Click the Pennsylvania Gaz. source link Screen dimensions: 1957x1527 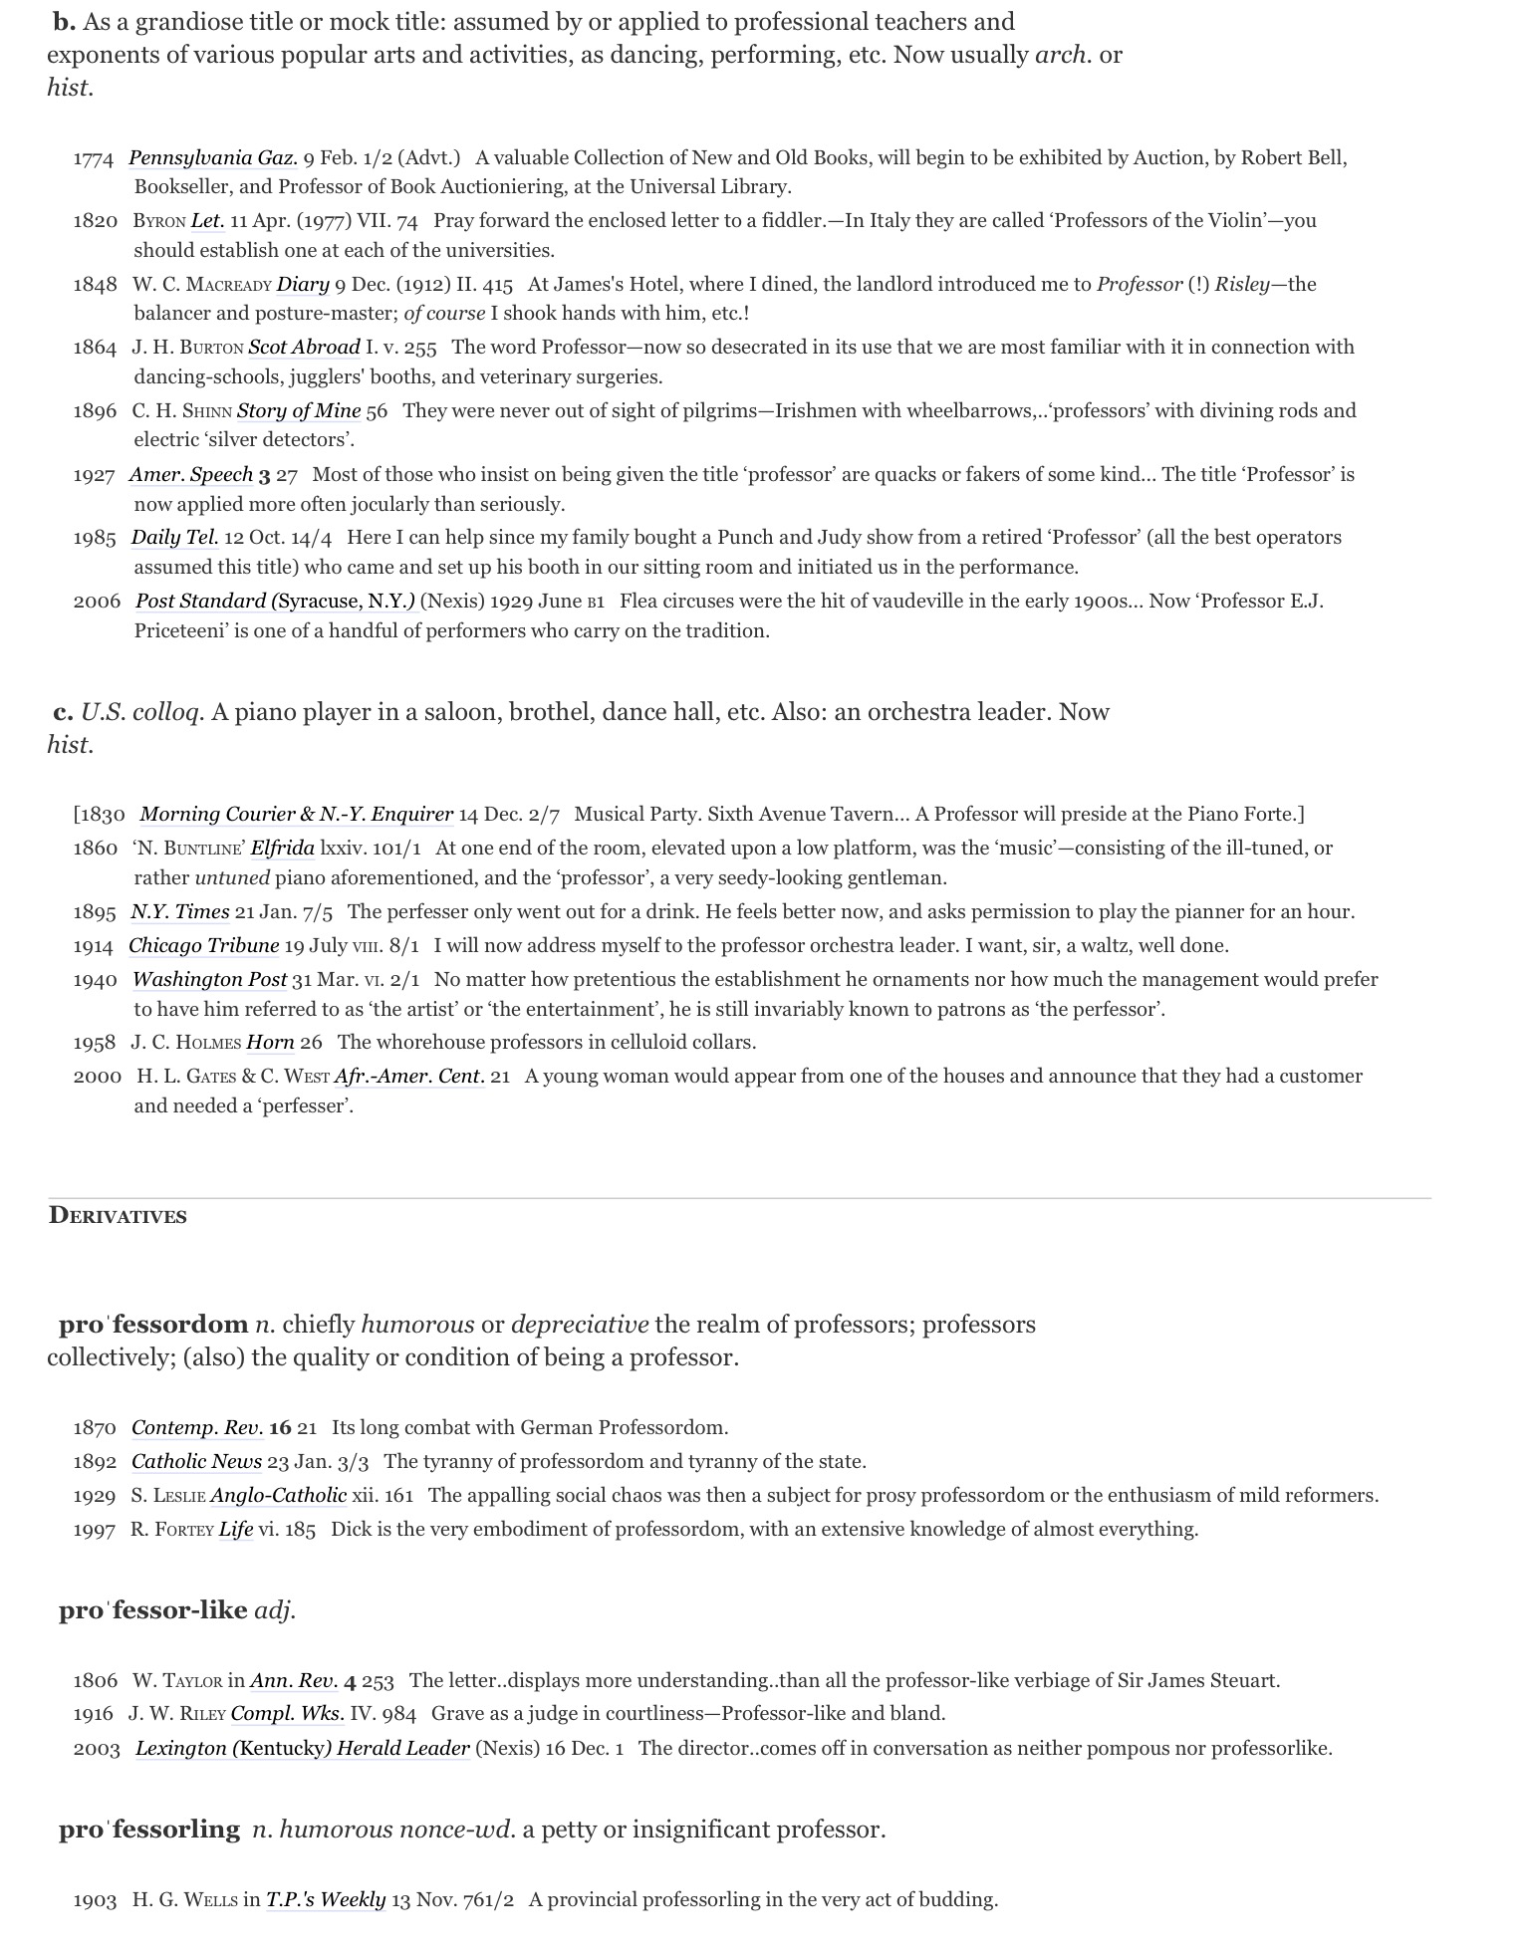(213, 157)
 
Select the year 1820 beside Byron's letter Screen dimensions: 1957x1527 (96, 220)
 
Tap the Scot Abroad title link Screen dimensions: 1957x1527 (304, 347)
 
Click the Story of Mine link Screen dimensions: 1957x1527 (299, 410)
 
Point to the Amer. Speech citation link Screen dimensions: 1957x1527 (191, 474)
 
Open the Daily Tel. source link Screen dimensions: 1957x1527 (174, 537)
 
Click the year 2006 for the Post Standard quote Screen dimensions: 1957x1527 (97, 601)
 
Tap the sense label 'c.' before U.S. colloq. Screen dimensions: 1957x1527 (64, 711)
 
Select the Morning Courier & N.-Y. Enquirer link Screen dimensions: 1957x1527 (296, 814)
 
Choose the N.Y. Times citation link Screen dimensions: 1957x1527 (180, 911)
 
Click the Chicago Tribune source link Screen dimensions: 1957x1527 (203, 945)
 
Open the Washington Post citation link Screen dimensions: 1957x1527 (209, 979)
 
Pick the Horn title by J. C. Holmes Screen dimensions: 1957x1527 (270, 1042)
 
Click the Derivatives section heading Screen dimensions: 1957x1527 (118, 1216)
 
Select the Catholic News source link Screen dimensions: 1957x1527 (196, 1461)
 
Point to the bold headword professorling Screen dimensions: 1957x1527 (149, 1829)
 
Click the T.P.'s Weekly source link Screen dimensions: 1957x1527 (325, 1899)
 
